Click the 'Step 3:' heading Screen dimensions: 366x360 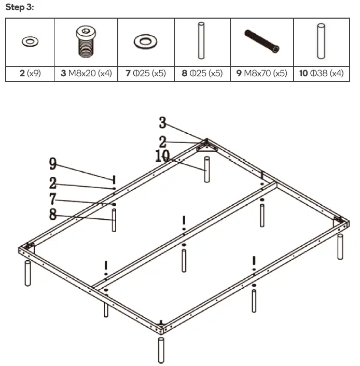click(x=19, y=7)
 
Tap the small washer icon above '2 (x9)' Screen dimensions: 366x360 click(x=29, y=41)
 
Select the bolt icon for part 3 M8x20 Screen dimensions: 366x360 click(x=85, y=42)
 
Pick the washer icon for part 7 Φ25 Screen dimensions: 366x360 click(x=146, y=41)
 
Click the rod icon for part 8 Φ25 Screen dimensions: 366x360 click(x=202, y=41)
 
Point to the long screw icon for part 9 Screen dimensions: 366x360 click(x=262, y=41)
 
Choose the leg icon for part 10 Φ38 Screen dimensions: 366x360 click(x=322, y=41)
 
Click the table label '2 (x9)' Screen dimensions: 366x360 click(x=30, y=74)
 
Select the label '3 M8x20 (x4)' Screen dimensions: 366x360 click(x=86, y=74)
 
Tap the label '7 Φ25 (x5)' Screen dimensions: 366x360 click(x=146, y=74)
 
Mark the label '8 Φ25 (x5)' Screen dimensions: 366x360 click(x=202, y=74)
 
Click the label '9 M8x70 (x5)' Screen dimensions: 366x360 click(x=262, y=74)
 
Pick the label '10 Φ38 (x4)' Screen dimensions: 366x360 click(x=322, y=74)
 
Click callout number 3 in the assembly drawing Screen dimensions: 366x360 click(x=162, y=123)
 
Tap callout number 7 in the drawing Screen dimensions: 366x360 click(x=52, y=199)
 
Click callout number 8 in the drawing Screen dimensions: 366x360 click(x=52, y=214)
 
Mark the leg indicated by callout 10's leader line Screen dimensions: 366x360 click(x=207, y=170)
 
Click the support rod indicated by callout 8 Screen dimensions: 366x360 click(x=114, y=220)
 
